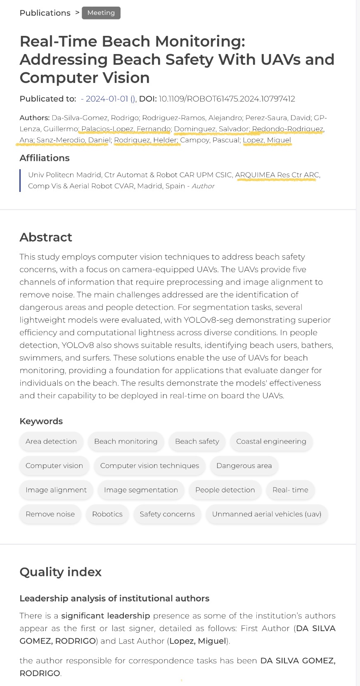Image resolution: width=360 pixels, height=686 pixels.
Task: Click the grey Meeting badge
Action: tap(101, 13)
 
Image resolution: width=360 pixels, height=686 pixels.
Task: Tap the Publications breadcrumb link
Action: tap(45, 13)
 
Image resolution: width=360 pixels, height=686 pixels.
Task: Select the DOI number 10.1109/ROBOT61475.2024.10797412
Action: tap(227, 99)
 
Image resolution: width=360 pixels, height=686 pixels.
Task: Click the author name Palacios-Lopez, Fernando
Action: tap(126, 129)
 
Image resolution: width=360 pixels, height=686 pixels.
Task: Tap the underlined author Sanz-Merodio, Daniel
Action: tap(73, 140)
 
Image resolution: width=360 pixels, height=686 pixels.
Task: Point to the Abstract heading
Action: tap(46, 237)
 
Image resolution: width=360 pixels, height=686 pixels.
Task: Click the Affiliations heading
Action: tap(45, 158)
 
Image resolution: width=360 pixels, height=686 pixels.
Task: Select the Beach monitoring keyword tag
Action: tap(126, 441)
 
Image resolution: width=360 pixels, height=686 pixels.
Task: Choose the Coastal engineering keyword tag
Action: tap(271, 441)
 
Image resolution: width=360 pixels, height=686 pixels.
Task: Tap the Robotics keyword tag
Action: tap(107, 514)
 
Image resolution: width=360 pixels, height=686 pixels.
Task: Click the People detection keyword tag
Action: tap(225, 490)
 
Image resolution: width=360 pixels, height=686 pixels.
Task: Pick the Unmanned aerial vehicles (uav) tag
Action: tap(266, 514)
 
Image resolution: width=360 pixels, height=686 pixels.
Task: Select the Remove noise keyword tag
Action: tap(50, 514)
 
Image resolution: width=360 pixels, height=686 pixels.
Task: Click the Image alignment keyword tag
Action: tap(56, 490)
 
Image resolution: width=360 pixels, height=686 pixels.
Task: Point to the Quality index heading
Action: tap(60, 572)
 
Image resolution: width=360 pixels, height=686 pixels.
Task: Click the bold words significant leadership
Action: tap(105, 615)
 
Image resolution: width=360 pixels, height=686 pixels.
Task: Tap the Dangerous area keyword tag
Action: tap(244, 466)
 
